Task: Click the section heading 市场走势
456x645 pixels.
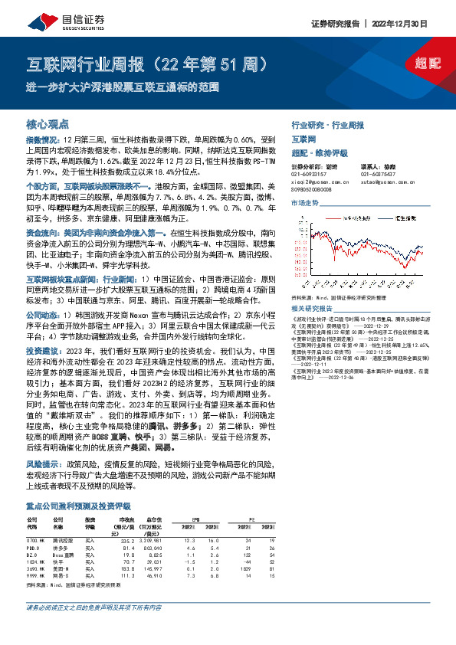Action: pyautogui.click(x=305, y=202)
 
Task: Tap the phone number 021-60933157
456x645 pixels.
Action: pyautogui.click(x=311, y=174)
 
